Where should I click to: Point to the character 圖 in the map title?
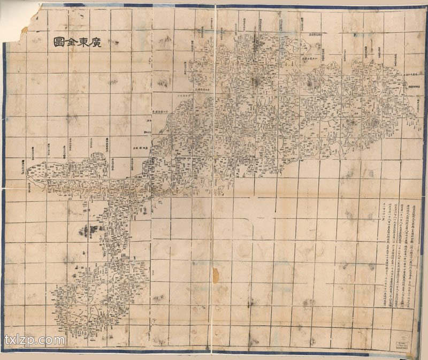[x=57, y=42]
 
